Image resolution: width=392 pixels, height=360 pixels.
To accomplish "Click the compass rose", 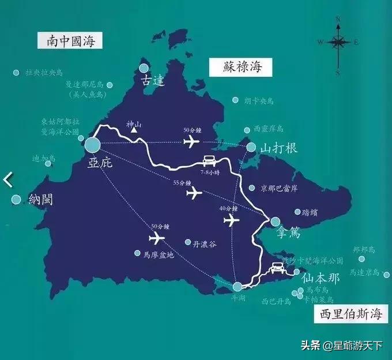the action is click(x=338, y=42).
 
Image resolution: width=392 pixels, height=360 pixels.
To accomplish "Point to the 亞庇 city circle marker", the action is click(x=92, y=144).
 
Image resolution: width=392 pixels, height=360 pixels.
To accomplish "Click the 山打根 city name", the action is click(x=279, y=148).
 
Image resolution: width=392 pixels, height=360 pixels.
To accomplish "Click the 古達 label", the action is click(x=153, y=82).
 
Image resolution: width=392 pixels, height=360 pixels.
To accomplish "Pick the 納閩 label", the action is click(x=40, y=200).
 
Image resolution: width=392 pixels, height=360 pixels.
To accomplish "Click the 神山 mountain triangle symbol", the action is click(x=134, y=130).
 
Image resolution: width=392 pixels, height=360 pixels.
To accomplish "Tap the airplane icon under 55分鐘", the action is click(x=195, y=193).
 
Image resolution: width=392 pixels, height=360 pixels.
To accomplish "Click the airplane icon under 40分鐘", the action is click(x=231, y=220).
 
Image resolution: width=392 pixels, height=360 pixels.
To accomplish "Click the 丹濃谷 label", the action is click(x=204, y=244).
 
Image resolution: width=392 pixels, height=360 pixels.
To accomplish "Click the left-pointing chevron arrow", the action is click(x=7, y=179).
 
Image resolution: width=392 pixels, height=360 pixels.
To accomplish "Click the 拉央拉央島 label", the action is click(x=44, y=73).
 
